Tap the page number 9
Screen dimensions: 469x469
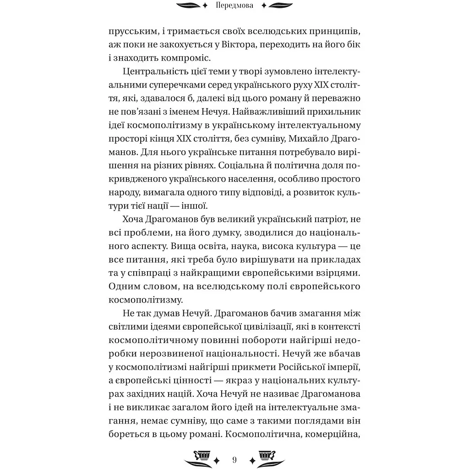coord(234,459)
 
